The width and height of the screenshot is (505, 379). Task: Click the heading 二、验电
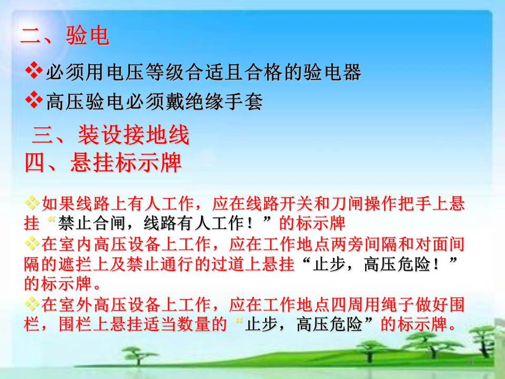tap(65, 35)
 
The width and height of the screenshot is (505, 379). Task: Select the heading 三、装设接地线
tap(110, 135)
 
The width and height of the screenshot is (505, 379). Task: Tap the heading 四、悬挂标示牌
tap(103, 163)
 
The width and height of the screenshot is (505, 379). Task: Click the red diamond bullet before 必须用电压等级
tap(34, 71)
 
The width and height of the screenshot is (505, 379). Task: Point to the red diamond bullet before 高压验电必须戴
tap(34, 101)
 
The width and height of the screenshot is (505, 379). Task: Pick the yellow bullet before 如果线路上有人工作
tap(32, 203)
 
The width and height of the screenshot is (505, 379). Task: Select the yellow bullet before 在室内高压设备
tap(32, 244)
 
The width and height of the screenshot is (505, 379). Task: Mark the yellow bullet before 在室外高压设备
tap(32, 304)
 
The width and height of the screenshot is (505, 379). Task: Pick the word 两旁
tap(347, 244)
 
